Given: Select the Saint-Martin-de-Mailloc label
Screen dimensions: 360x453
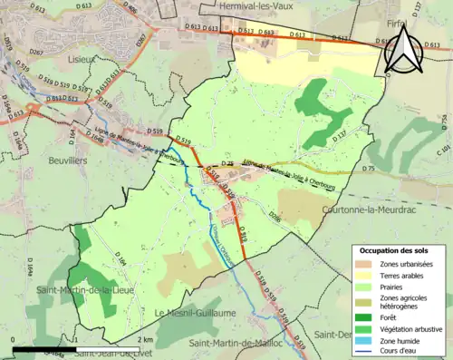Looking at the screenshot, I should (x=243, y=344).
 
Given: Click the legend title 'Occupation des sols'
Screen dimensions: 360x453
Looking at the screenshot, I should (x=396, y=250).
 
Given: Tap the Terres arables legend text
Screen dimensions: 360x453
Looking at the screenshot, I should (x=400, y=276).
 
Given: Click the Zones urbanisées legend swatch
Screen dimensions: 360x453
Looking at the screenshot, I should (x=364, y=264).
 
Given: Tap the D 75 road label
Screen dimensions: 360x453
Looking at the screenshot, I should (x=368, y=170).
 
